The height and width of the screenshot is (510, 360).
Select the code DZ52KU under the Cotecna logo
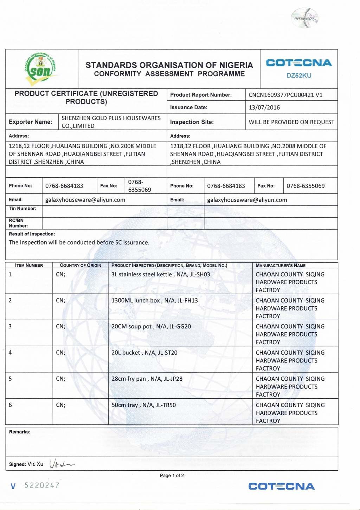tap(299, 76)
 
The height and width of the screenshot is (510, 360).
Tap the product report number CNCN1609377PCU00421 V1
tap(285, 95)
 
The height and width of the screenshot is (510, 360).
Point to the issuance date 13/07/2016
tap(264, 107)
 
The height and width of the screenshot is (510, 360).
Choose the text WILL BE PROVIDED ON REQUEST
tap(291, 122)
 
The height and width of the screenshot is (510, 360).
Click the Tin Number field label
tap(22, 209)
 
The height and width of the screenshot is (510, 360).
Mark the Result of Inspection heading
tap(32, 234)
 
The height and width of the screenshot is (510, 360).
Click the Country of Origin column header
tap(81, 266)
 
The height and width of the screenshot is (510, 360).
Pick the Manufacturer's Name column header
tap(281, 266)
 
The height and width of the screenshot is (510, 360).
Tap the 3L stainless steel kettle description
tap(161, 274)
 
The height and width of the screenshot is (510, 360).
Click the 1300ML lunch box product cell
tap(155, 300)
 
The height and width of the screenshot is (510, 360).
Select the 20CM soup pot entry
tap(151, 326)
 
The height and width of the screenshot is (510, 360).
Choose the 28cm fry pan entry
tap(147, 379)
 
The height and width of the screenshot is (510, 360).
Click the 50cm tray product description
tap(144, 405)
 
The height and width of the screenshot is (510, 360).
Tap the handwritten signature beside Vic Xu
tap(62, 464)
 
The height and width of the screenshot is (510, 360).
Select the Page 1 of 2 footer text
tap(172, 476)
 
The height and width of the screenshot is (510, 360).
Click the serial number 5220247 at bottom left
tap(42, 485)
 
